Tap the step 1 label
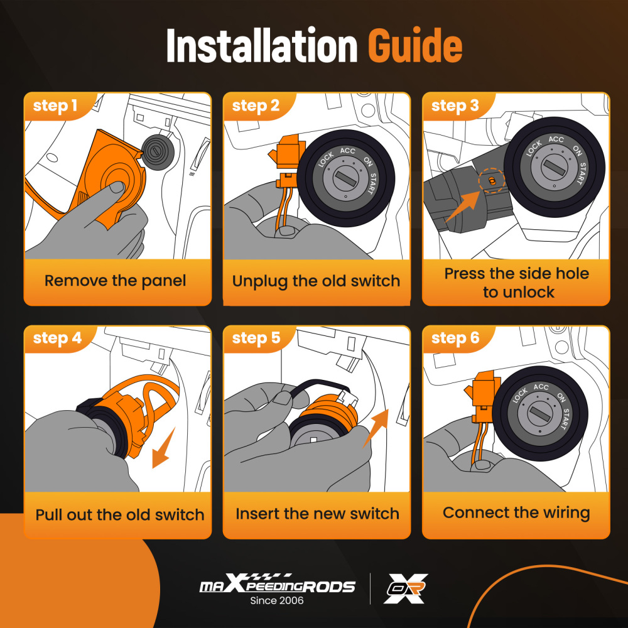pyautogui.click(x=55, y=106)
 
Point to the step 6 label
pyautogui.click(x=455, y=338)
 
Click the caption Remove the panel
pyautogui.click(x=115, y=281)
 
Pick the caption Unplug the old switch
pyautogui.click(x=316, y=281)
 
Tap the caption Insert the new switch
pyautogui.click(x=317, y=514)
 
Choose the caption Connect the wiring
pyautogui.click(x=516, y=513)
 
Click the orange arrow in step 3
pyautogui.click(x=462, y=207)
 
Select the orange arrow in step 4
pyautogui.click(x=164, y=447)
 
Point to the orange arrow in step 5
pyautogui.click(x=376, y=428)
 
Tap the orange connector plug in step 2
pyautogui.click(x=286, y=161)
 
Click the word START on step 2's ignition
pyautogui.click(x=372, y=184)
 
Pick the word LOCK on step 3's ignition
pyautogui.click(x=534, y=148)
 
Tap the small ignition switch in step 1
pyautogui.click(x=157, y=152)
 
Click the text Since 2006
pyautogui.click(x=277, y=600)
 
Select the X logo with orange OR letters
pyautogui.click(x=405, y=588)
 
